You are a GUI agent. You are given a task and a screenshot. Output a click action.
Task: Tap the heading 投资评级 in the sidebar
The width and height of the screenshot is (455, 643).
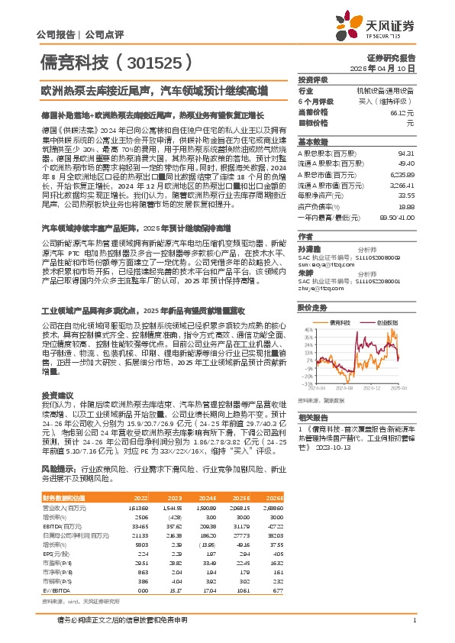pos(313,79)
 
